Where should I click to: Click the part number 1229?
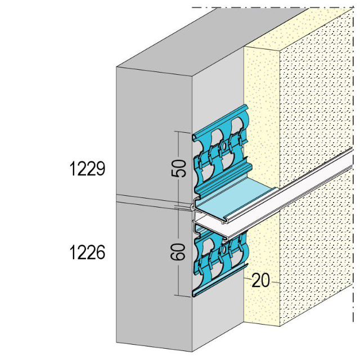pos(87,168)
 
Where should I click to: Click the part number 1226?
pos(87,253)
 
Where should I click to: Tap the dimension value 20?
pos(260,280)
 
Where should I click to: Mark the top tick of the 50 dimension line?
pos(179,132)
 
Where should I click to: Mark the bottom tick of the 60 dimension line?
pos(179,295)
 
